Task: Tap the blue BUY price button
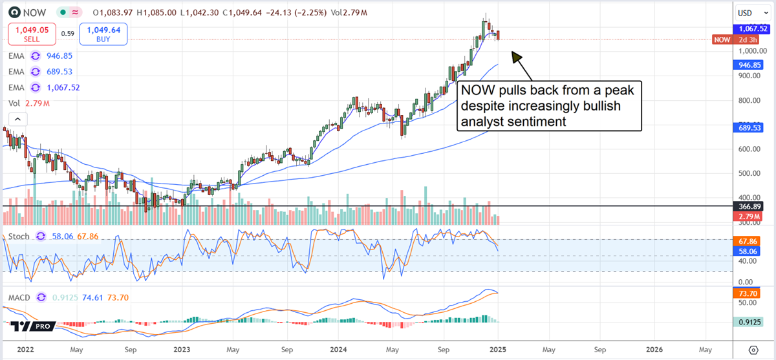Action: (103, 34)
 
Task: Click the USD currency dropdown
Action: (752, 13)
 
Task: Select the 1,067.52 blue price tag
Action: (753, 28)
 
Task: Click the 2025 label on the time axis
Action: (498, 350)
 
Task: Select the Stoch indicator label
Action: (19, 237)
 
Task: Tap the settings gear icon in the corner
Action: (752, 350)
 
